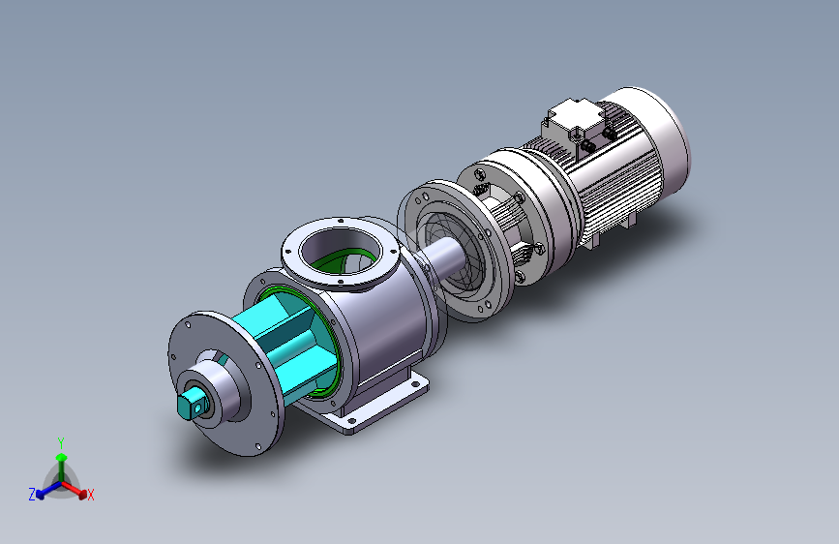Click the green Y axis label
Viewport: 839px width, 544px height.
click(x=61, y=443)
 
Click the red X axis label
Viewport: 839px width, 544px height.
click(x=90, y=496)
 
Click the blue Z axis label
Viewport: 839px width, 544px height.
click(x=32, y=495)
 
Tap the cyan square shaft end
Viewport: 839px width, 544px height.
click(x=191, y=406)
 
